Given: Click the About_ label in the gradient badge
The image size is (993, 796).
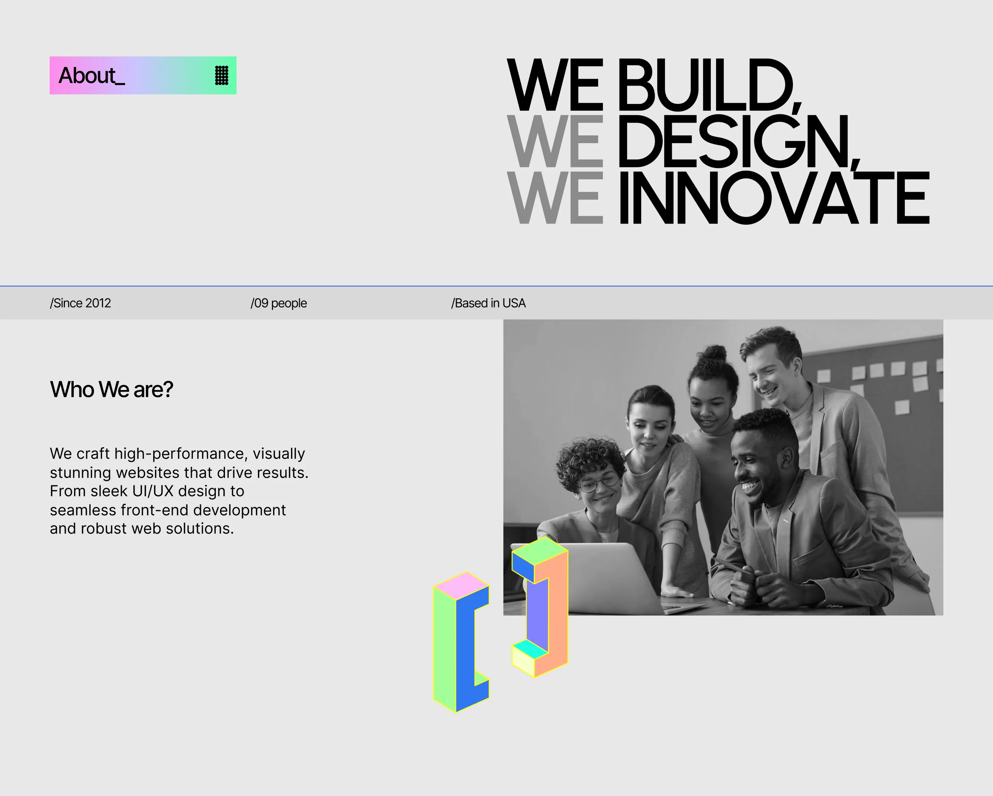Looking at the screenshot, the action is [x=91, y=76].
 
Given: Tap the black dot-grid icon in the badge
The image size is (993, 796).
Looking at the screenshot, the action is [x=222, y=76].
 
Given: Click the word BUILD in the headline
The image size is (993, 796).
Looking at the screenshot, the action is [x=709, y=85].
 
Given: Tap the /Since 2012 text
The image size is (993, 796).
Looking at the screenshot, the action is [x=80, y=303].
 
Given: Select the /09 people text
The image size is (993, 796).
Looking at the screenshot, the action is [x=279, y=303].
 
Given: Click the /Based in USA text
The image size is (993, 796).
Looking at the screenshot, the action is [x=488, y=303].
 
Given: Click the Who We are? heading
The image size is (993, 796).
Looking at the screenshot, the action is [x=112, y=389].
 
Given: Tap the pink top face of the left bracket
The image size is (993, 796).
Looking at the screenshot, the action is [x=461, y=586].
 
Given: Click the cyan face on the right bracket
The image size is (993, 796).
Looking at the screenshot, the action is [x=530, y=649].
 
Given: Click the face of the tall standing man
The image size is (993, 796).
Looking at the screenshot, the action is [x=767, y=376].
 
